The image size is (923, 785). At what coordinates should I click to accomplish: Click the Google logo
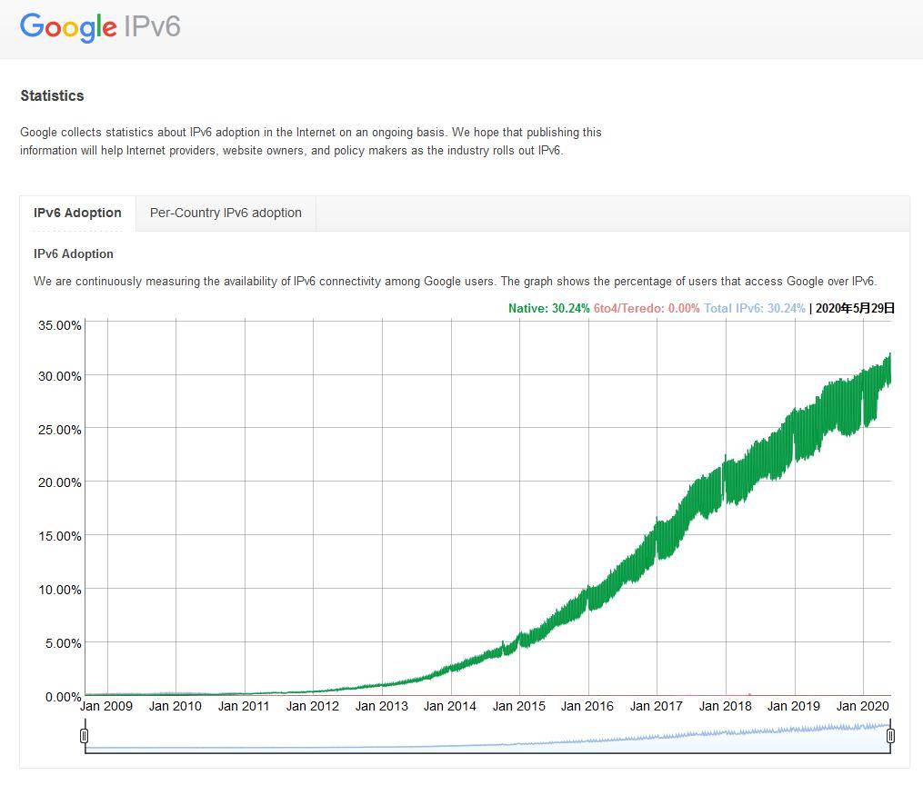[68, 26]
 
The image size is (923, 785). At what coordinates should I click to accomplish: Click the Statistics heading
[52, 95]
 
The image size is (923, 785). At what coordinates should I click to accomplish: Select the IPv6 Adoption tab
[77, 213]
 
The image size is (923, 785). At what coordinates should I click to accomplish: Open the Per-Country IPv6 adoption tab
[226, 213]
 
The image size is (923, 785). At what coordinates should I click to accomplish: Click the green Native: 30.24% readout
[548, 308]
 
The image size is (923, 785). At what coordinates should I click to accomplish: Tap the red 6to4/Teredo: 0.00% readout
[647, 308]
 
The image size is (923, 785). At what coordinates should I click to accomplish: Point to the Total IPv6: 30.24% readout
[754, 308]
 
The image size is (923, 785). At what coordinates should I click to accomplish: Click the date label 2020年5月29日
[855, 308]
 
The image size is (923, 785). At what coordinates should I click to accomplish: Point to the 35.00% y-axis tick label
[59, 324]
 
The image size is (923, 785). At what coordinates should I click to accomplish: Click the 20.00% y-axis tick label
[59, 482]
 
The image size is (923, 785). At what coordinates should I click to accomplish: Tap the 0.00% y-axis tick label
[63, 697]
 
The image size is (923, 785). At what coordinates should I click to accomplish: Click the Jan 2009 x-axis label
[106, 706]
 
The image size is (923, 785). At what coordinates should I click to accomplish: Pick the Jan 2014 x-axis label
[450, 706]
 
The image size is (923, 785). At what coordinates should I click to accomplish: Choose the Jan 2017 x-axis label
[657, 706]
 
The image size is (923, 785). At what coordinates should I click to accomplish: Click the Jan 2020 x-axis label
[862, 706]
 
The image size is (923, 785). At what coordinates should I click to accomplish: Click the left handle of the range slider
[85, 735]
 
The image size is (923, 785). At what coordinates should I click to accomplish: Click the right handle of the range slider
[890, 735]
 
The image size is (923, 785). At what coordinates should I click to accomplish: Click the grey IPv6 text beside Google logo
[152, 26]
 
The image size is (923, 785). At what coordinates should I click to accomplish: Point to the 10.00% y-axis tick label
[59, 590]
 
